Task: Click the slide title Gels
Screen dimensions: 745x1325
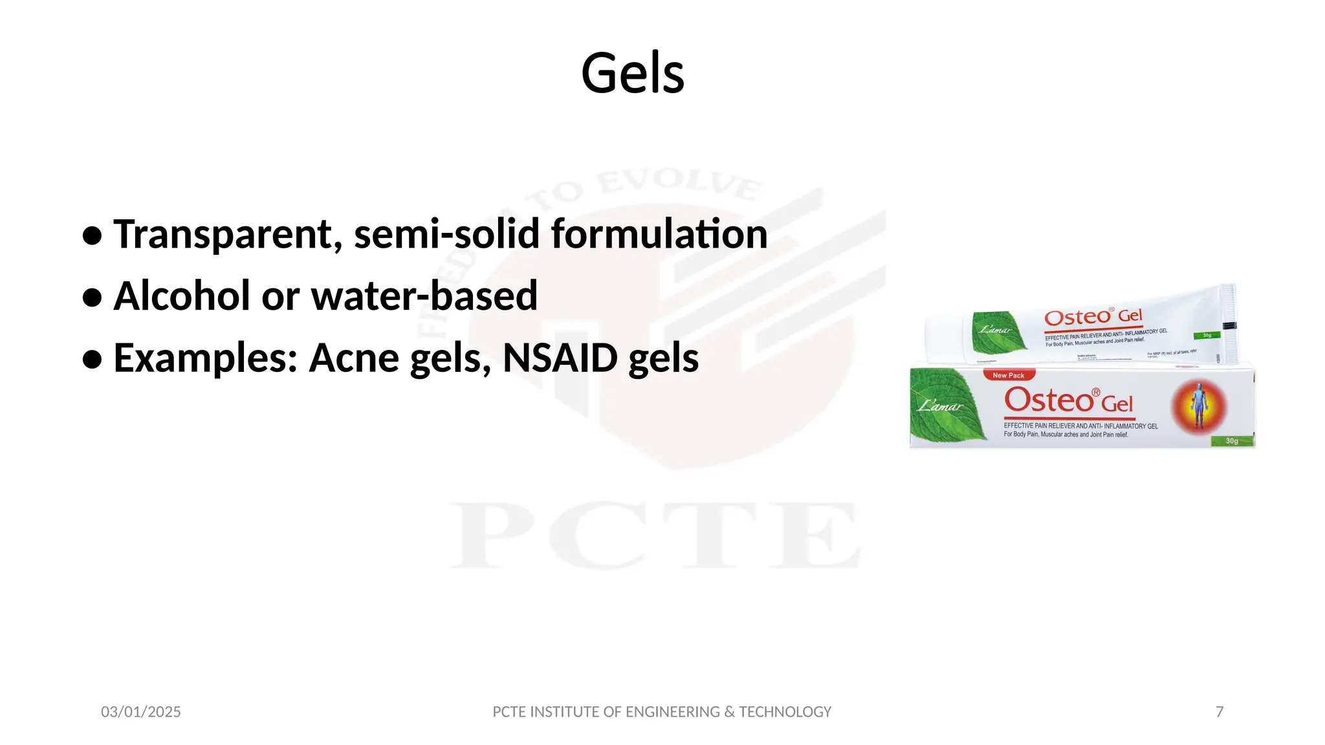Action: point(632,73)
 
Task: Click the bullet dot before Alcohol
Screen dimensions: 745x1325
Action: point(93,297)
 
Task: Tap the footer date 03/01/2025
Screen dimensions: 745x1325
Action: point(141,712)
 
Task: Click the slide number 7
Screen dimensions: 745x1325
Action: point(1220,712)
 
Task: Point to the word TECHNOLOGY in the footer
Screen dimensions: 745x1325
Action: point(785,712)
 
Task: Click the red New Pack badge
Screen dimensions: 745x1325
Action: point(1009,375)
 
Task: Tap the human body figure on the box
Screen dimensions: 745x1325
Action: point(1199,406)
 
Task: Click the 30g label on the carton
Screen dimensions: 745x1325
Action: point(1232,441)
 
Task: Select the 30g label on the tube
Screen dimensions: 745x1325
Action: point(1207,335)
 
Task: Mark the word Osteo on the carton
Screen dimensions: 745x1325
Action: point(1049,400)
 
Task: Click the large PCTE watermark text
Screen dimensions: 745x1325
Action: point(653,535)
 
